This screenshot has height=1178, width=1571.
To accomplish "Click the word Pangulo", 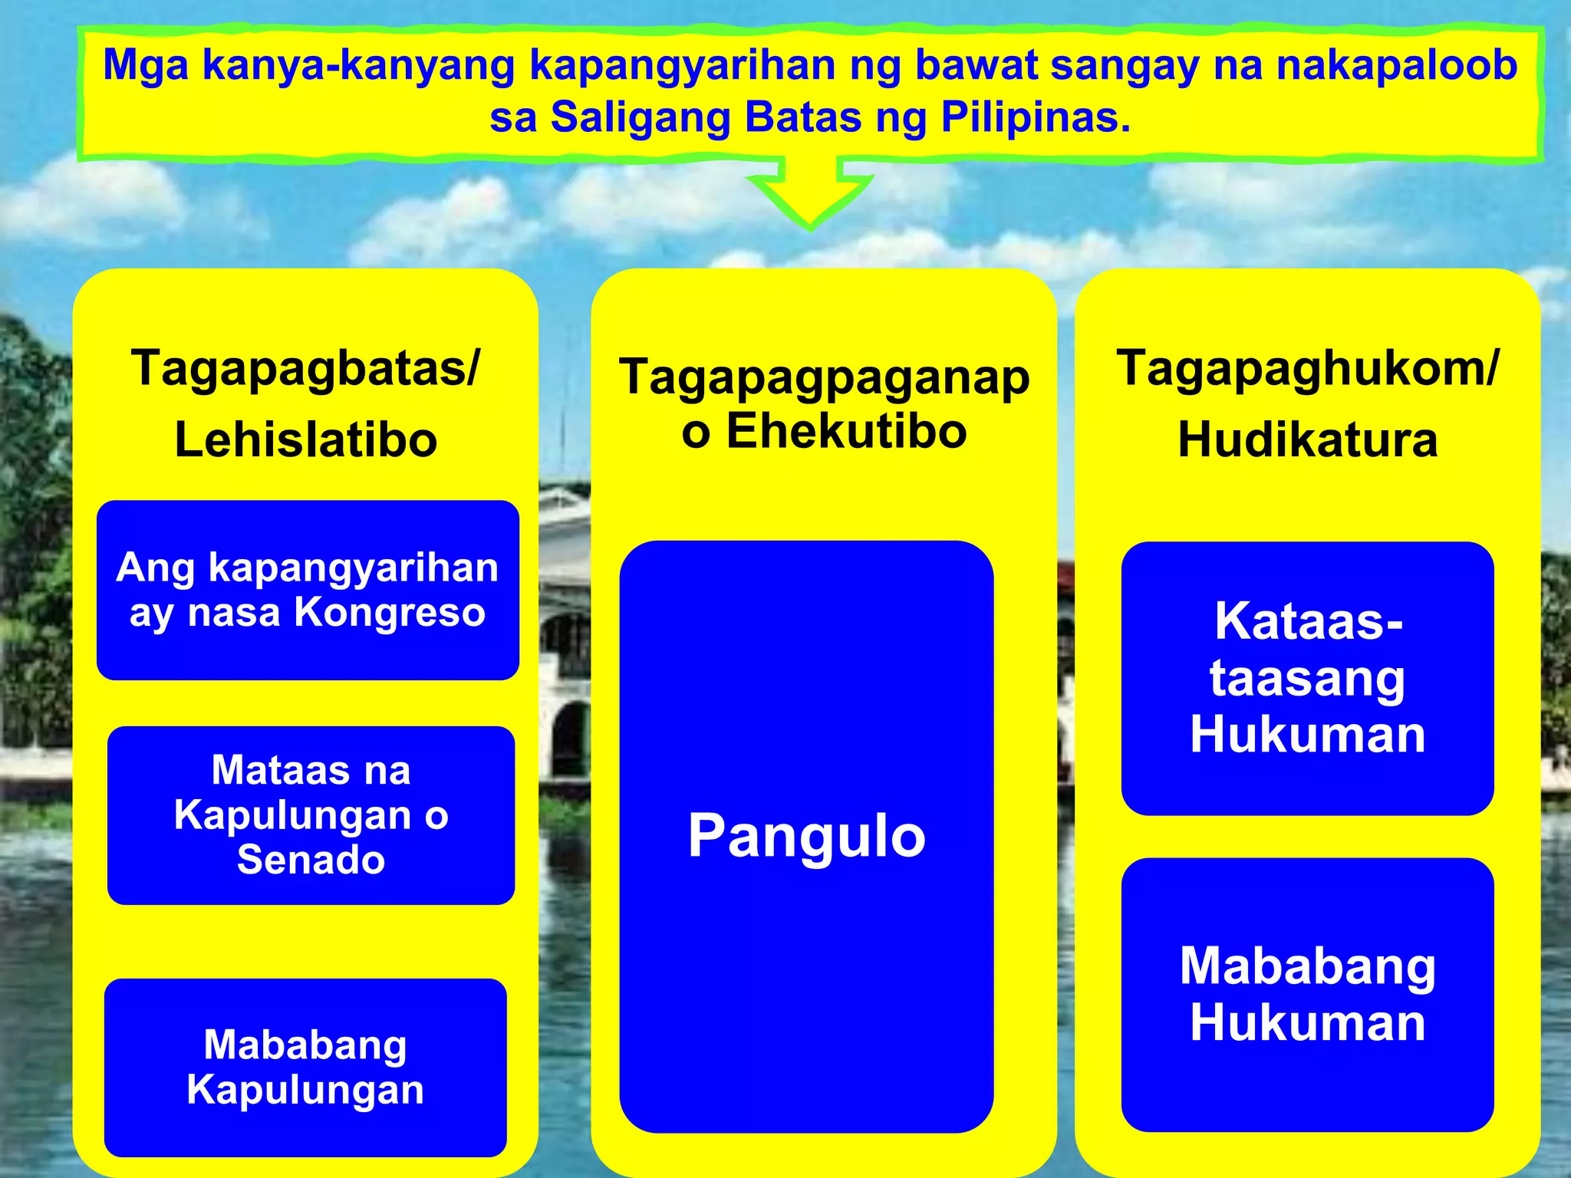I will click(x=806, y=836).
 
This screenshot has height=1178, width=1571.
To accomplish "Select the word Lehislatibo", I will click(x=306, y=440).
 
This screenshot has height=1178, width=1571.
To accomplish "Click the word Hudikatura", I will click(x=1307, y=440).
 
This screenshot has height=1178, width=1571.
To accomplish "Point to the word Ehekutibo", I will click(x=846, y=431).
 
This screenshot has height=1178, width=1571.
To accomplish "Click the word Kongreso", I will click(x=390, y=613).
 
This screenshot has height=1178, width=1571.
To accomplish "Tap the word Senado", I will click(x=311, y=859).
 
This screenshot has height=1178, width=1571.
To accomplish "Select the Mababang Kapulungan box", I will click(x=305, y=1067).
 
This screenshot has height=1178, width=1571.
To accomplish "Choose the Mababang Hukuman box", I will click(x=1307, y=994).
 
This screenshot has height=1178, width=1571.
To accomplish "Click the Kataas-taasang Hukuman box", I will click(x=1307, y=678).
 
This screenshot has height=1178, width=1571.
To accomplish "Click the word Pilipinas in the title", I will click(x=1035, y=118).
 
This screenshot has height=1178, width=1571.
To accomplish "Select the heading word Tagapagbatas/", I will click(x=305, y=369).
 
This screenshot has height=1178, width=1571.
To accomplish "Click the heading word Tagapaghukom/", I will click(x=1307, y=369).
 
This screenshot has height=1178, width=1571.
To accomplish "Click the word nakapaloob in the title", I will click(x=1396, y=64).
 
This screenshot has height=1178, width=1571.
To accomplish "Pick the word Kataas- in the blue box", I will click(x=1309, y=621).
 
